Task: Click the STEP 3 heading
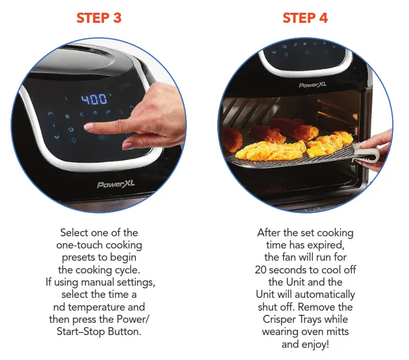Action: (99, 18)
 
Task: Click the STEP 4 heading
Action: (305, 18)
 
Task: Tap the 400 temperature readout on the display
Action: (94, 99)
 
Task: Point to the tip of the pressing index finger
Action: (89, 127)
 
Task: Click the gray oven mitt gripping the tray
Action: (369, 153)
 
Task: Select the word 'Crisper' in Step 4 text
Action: (282, 320)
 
